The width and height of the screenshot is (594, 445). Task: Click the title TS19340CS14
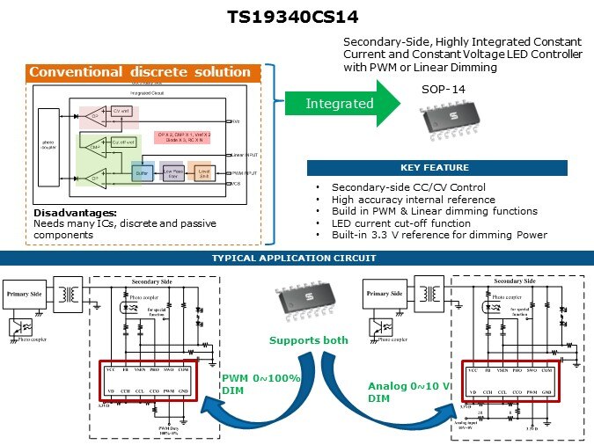click(x=297, y=17)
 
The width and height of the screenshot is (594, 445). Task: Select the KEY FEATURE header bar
click(x=437, y=167)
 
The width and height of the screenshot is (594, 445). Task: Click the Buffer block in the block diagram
click(x=141, y=172)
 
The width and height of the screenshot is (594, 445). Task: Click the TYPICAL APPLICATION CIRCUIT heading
click(x=297, y=258)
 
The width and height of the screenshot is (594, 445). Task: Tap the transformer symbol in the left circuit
click(x=69, y=291)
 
